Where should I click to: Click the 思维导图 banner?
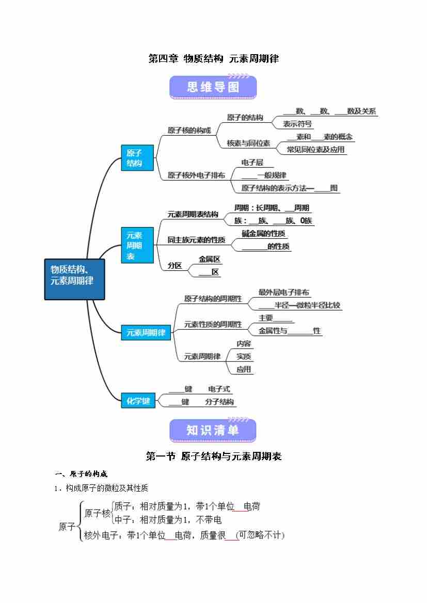click(213, 87)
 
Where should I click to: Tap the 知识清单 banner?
click(213, 430)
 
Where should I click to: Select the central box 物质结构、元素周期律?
click(74, 279)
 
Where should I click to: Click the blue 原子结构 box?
click(137, 158)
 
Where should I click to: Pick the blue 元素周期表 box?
click(137, 245)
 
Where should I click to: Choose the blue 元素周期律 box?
click(146, 332)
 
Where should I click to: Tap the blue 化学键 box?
click(138, 400)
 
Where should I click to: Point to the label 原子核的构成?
click(189, 130)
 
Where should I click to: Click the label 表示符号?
click(297, 124)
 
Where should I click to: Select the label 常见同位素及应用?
click(315, 150)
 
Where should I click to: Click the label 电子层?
click(252, 162)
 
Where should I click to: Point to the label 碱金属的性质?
click(263, 234)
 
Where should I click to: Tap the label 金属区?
click(210, 259)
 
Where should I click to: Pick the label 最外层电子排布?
click(284, 292)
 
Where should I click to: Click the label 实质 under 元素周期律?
click(244, 356)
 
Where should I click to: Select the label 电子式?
click(219, 389)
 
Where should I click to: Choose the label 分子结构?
click(219, 402)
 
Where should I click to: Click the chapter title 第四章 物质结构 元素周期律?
click(213, 59)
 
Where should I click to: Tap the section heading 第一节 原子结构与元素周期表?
click(213, 456)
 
